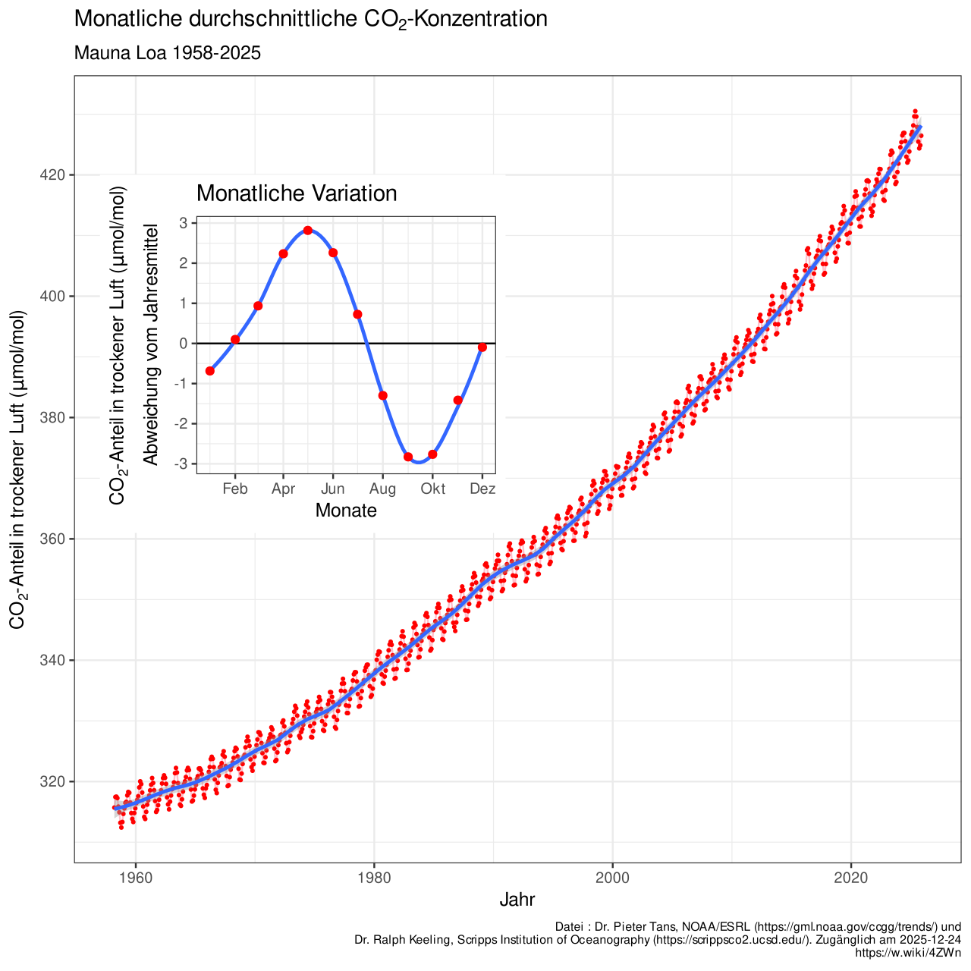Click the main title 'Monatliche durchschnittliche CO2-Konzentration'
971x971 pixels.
(310, 20)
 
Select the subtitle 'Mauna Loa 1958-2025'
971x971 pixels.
(168, 54)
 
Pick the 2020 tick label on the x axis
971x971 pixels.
(850, 878)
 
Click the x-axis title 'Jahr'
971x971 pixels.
(517, 900)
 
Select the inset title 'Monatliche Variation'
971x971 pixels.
(297, 193)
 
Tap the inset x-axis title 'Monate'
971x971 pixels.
(346, 511)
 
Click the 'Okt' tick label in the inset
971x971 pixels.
(433, 489)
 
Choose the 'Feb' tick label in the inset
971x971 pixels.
(235, 489)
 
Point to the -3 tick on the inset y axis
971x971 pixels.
(184, 464)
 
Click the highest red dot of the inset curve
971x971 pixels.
(307, 230)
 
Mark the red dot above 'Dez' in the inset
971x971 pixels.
(482, 347)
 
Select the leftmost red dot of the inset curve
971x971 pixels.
(210, 371)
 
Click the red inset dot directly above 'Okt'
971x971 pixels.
(432, 454)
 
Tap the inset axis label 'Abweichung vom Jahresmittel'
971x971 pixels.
(151, 344)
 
